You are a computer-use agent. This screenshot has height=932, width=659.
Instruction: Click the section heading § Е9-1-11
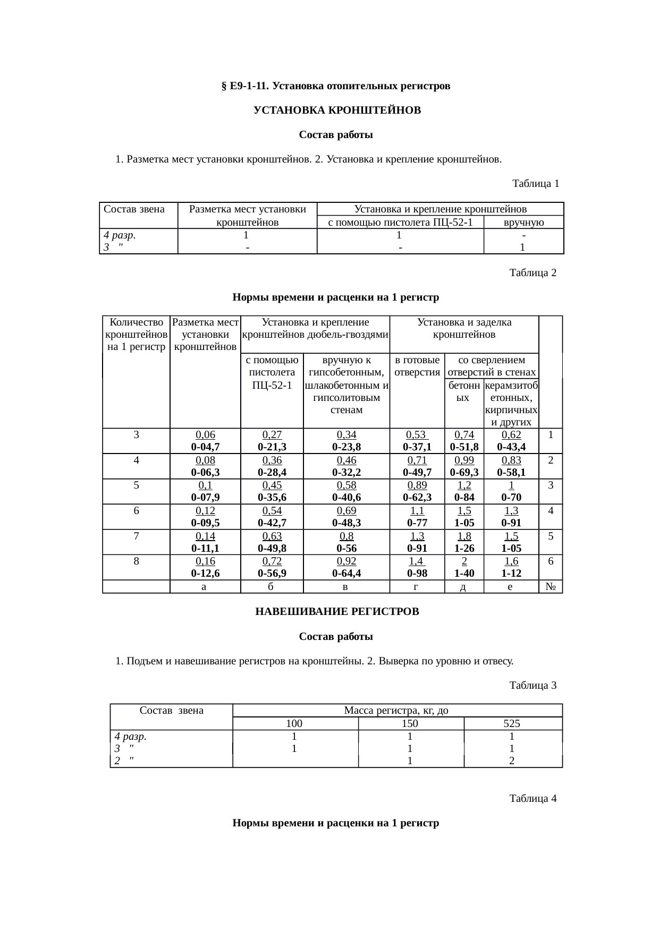point(335,85)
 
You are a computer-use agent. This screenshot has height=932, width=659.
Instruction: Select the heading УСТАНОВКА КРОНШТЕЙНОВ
point(337,110)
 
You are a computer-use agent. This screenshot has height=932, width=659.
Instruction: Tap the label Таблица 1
point(535,184)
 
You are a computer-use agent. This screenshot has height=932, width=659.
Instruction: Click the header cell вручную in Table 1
point(523,223)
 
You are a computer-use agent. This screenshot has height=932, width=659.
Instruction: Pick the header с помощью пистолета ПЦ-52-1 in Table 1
point(400,223)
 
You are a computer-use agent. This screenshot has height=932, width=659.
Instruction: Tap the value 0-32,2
point(346,472)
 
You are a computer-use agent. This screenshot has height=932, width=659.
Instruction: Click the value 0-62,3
point(417,498)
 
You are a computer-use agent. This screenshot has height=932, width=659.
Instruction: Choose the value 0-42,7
point(272,523)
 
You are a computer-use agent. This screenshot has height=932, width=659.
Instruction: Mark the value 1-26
point(463,548)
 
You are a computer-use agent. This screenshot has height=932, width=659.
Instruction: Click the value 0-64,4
point(346,574)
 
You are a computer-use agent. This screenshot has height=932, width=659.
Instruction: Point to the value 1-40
point(463,574)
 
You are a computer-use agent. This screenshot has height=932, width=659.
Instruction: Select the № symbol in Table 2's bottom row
point(551,587)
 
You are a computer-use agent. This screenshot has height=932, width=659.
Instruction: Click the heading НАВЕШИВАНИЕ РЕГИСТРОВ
point(337,612)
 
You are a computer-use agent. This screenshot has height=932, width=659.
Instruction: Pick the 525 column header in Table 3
point(512,723)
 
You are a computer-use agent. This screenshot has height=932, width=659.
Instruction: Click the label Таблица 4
point(533,799)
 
